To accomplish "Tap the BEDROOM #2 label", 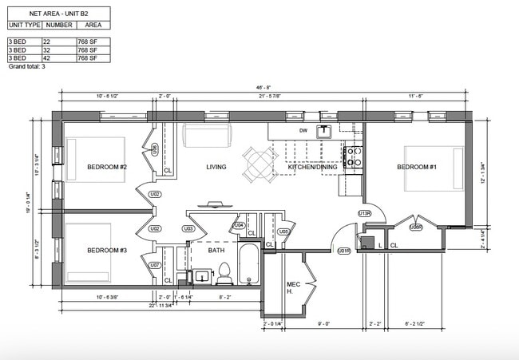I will tap(107, 167).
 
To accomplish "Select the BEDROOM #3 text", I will tap(107, 251).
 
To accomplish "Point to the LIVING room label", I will tap(216, 167).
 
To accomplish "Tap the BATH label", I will tap(216, 251).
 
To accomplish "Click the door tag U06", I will tap(155, 148).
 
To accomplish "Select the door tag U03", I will tap(189, 229).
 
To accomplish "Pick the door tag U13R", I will tap(365, 214).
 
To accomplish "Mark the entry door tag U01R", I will tap(344, 251).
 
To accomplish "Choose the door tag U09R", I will tap(415, 227).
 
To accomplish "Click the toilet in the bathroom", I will tap(224, 272).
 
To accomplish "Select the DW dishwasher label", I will tap(303, 130).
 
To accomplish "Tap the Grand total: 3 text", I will tap(27, 67).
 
